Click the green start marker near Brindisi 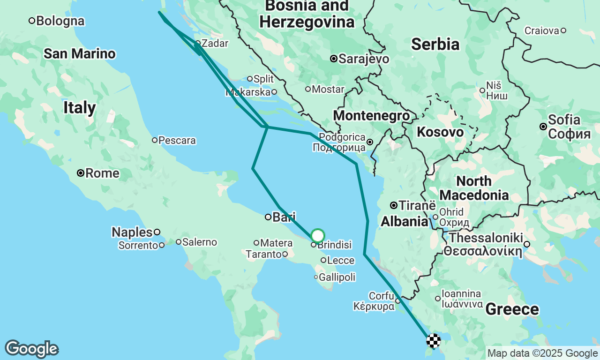(x=318, y=235)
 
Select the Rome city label (x=102, y=173)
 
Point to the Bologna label (x=60, y=21)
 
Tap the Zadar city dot (x=198, y=43)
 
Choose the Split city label (x=263, y=79)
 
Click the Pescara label (x=177, y=140)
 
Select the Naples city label (x=132, y=232)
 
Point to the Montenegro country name (x=371, y=116)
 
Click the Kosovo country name (x=440, y=132)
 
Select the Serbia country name (x=435, y=44)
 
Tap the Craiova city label (x=542, y=31)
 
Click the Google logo (x=31, y=349)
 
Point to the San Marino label (x=80, y=54)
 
